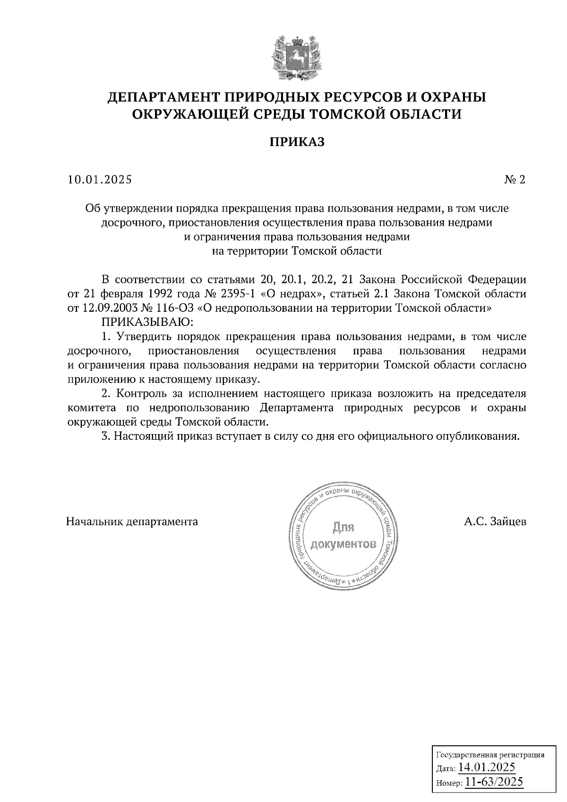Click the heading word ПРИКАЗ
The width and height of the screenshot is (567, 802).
(297, 142)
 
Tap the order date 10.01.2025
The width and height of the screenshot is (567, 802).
(100, 179)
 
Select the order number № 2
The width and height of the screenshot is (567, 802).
(515, 179)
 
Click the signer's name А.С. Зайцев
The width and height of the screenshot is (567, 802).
(495, 522)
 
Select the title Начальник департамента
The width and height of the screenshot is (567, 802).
(132, 522)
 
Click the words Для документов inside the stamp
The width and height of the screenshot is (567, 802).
(344, 536)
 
